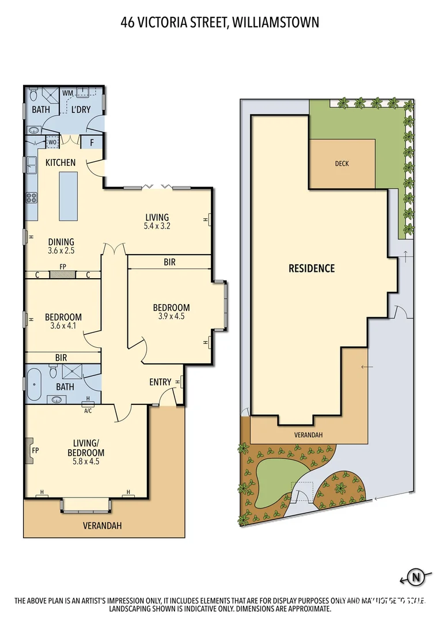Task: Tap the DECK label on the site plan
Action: (x=342, y=164)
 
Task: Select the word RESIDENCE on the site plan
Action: (x=312, y=268)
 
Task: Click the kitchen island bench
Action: (x=67, y=196)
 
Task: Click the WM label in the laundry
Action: (x=67, y=93)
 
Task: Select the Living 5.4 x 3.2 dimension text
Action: (x=157, y=226)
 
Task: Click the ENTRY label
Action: (x=160, y=382)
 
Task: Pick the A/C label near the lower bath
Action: (x=88, y=411)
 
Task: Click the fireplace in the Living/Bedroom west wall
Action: (x=29, y=450)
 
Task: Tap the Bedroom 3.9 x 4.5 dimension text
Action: (x=171, y=316)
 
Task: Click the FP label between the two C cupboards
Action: (x=62, y=267)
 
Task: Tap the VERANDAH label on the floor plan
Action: (x=102, y=526)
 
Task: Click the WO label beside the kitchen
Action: (x=52, y=142)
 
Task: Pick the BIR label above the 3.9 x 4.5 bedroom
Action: (x=169, y=262)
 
